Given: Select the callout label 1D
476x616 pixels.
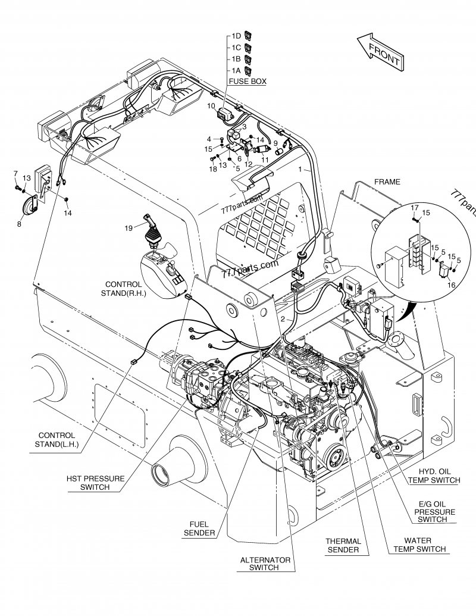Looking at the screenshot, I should pos(236,36).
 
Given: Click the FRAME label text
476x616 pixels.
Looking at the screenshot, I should pos(387,182).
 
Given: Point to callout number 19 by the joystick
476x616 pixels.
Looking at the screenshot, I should pos(129,227).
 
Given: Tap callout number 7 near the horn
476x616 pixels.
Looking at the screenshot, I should pos(15,173).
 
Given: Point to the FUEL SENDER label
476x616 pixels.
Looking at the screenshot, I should pos(199,529).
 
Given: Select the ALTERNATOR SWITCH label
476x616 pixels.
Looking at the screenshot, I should pos(265,564).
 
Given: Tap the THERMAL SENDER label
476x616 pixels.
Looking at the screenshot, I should pos(342,545).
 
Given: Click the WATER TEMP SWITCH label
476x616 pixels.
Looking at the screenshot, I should pos(419,545).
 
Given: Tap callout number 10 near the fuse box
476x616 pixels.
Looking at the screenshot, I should pos(211,105).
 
